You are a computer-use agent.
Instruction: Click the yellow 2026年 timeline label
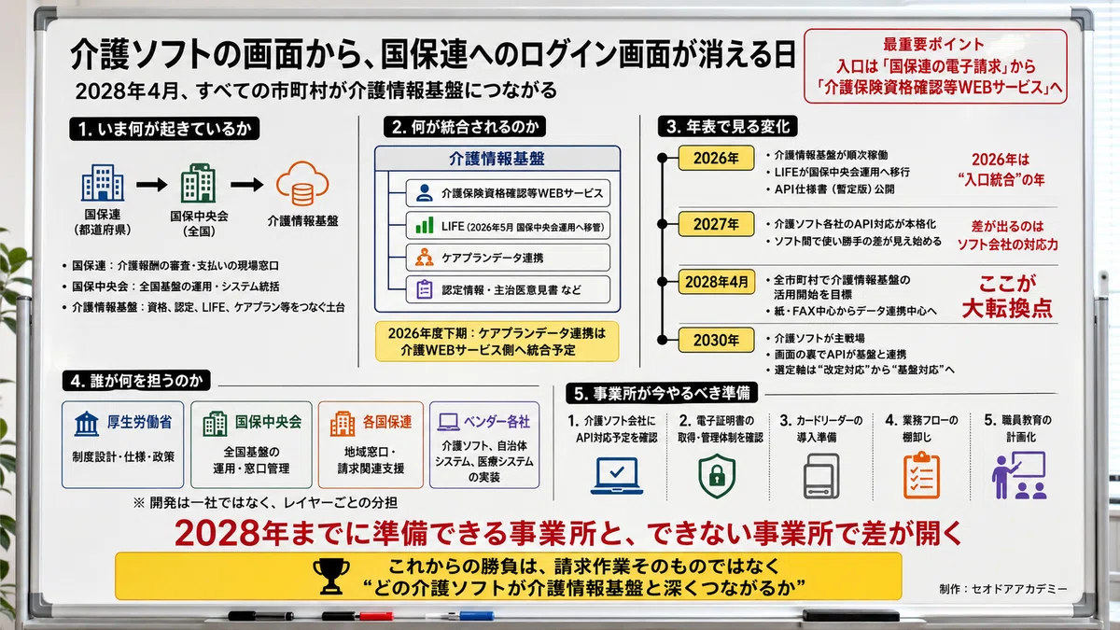pyautogui.click(x=716, y=158)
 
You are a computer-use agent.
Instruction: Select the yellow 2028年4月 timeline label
pyautogui.click(x=717, y=282)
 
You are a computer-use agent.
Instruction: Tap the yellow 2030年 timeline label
pyautogui.click(x=716, y=340)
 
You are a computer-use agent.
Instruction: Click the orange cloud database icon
pyautogui.click(x=302, y=184)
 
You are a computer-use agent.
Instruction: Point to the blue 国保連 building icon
pyautogui.click(x=103, y=183)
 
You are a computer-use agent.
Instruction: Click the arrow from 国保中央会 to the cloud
pyautogui.click(x=247, y=185)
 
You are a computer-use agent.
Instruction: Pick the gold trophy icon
pyautogui.click(x=331, y=576)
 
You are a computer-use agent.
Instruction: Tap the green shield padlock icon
pyautogui.click(x=717, y=475)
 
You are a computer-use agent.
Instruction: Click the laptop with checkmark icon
pyautogui.click(x=617, y=475)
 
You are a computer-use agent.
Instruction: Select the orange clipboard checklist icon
pyautogui.click(x=921, y=475)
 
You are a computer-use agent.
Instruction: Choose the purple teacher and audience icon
pyautogui.click(x=1019, y=475)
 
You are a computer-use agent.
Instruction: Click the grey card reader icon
pyautogui.click(x=821, y=475)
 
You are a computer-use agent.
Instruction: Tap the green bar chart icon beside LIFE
pyautogui.click(x=425, y=226)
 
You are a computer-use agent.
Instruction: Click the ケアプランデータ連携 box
pyautogui.click(x=508, y=258)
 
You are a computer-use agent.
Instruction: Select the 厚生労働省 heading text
pyautogui.click(x=139, y=422)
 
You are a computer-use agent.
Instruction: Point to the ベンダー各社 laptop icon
pyautogui.click(x=448, y=422)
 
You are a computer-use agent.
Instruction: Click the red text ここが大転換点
pyautogui.click(x=1007, y=296)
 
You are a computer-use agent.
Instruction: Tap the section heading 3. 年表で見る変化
pyautogui.click(x=727, y=127)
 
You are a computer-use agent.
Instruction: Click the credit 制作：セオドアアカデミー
pyautogui.click(x=1003, y=589)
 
